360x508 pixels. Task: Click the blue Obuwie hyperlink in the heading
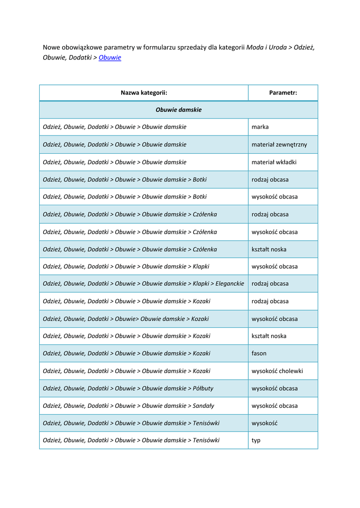tap(110, 58)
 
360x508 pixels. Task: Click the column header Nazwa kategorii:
tap(144, 93)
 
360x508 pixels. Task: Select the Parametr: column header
tap(283, 93)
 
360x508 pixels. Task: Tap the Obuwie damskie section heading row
tap(178, 110)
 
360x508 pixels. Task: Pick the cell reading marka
tap(260, 127)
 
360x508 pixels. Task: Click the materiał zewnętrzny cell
tap(279, 144)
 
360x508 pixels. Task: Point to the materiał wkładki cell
tap(274, 162)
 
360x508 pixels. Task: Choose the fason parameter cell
tap(259, 353)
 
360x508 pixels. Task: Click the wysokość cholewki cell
tap(277, 371)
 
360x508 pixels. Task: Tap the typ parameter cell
tap(256, 440)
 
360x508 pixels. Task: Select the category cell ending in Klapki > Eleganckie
tap(144, 284)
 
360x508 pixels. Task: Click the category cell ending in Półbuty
tap(128, 388)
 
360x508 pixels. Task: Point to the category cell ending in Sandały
tap(129, 405)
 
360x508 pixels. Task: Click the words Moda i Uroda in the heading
tap(266, 47)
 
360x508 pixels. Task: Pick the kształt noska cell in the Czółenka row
tap(269, 249)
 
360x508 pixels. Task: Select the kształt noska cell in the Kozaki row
tap(269, 336)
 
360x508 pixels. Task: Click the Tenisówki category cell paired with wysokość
tap(131, 423)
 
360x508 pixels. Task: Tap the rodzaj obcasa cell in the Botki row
tap(270, 180)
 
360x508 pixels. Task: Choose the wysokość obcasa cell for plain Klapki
tap(275, 266)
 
